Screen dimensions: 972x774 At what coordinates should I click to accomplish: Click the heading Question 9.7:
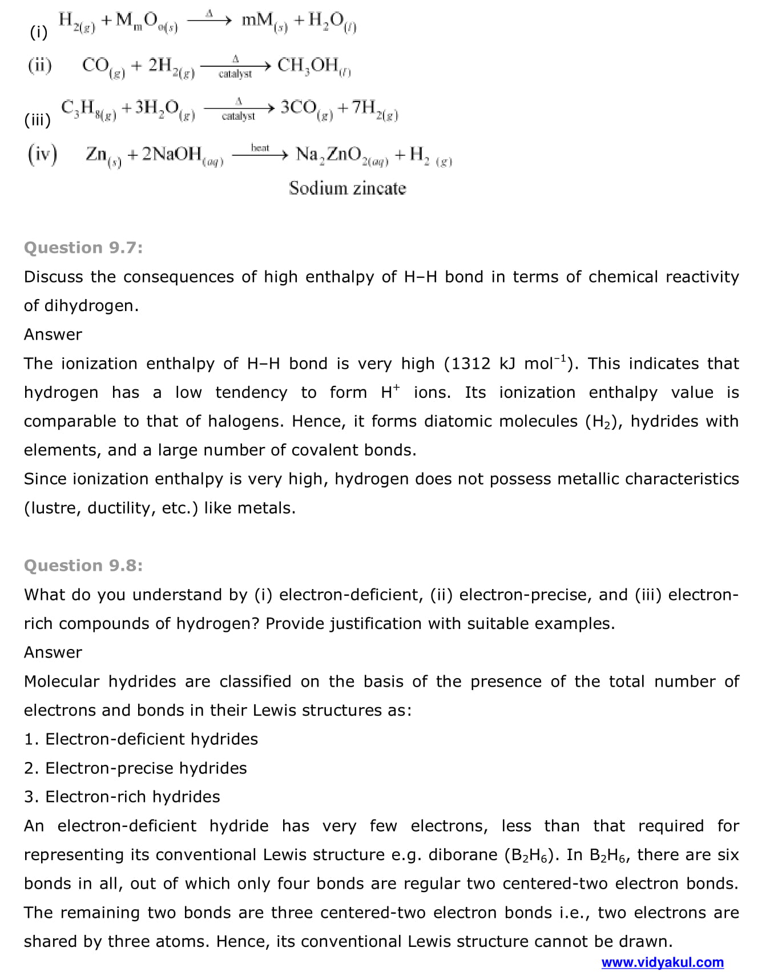click(x=83, y=248)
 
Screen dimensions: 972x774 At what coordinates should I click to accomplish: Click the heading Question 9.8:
click(x=83, y=566)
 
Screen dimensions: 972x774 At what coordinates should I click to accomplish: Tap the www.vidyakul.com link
click(x=662, y=962)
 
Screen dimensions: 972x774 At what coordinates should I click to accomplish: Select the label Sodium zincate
click(x=347, y=188)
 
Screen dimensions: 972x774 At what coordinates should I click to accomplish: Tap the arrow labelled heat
click(x=260, y=154)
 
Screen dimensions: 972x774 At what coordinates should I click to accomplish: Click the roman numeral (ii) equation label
click(x=39, y=66)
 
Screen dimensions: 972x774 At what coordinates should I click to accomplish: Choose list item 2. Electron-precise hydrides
click(x=135, y=768)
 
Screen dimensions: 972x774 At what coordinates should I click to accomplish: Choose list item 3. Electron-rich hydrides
click(x=122, y=797)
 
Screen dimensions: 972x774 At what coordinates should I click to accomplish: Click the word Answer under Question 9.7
click(x=53, y=334)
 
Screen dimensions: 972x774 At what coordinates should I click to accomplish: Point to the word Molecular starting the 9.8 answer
click(x=61, y=681)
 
